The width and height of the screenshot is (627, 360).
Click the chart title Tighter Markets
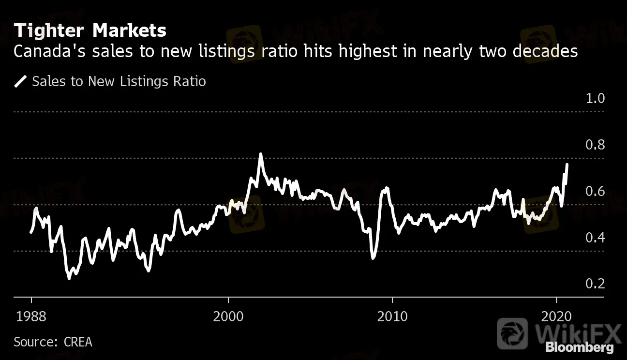coord(90,31)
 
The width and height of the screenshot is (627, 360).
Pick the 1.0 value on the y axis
coord(595,99)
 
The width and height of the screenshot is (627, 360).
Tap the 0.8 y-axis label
coord(595,145)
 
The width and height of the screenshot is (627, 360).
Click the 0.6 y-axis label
coord(595,192)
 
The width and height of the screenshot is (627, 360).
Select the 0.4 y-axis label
coord(595,238)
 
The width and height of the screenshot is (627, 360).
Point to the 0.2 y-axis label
coord(595,284)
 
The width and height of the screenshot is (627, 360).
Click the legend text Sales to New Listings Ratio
coord(119,81)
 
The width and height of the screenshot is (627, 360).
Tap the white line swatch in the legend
coord(20,81)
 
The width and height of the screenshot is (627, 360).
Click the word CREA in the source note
coord(77,342)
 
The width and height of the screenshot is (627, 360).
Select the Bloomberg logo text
coord(579,347)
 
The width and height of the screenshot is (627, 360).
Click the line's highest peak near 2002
coord(261,154)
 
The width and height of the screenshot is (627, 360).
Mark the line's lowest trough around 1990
coord(69,279)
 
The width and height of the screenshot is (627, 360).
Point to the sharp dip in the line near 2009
coord(373,258)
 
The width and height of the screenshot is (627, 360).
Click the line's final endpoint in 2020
coord(567,165)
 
